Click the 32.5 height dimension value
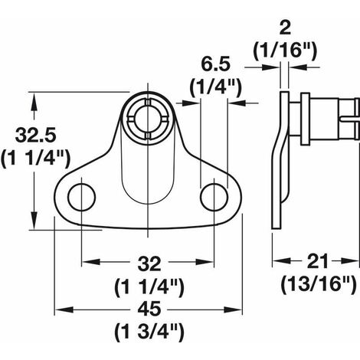(x=35, y=136)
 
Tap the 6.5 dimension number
(x=216, y=64)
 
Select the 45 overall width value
(x=149, y=309)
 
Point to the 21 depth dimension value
(x=317, y=261)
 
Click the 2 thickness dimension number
(x=285, y=28)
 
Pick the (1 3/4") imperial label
(x=149, y=332)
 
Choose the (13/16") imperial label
(x=319, y=284)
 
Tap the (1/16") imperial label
(x=285, y=51)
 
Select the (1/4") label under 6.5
(x=216, y=87)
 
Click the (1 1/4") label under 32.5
(x=35, y=159)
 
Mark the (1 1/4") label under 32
(x=149, y=288)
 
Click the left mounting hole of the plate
(x=82, y=197)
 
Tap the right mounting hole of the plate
(x=214, y=197)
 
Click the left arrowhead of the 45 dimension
(x=64, y=310)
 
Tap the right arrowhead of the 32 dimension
(x=205, y=262)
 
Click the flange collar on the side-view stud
(x=306, y=119)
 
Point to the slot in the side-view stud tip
(x=349, y=119)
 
